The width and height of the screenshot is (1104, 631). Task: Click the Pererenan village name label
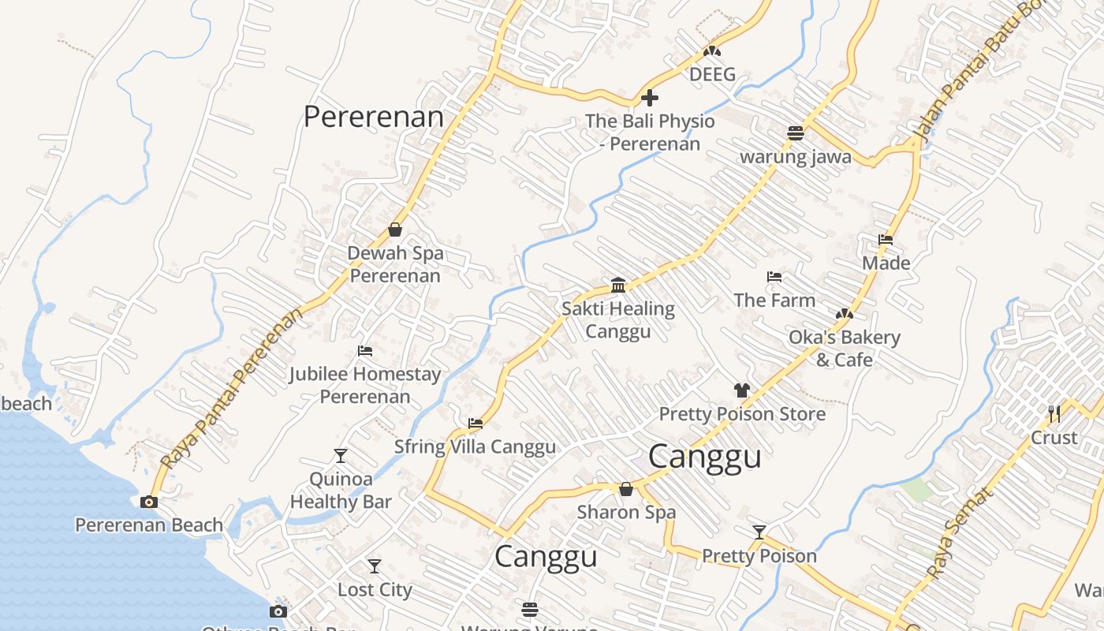pos(374,117)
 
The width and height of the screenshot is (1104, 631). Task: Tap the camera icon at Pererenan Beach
pos(148,502)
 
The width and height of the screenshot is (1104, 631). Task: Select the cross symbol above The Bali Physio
pos(650,98)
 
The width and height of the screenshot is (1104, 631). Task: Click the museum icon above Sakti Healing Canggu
pos(618,285)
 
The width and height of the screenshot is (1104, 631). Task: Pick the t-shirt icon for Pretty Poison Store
pos(742,390)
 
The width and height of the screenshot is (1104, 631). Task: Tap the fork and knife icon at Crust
pos(1054,413)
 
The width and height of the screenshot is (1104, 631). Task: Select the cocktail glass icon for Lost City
pos(375,566)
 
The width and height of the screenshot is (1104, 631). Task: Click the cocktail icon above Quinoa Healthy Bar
pos(341,455)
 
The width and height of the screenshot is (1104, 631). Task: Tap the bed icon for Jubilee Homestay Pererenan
pos(365,350)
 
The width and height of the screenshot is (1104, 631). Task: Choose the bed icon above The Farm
pos(774,277)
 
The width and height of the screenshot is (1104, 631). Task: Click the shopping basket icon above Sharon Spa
pos(626,489)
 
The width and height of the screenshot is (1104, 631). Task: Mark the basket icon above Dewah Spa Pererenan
pos(395,230)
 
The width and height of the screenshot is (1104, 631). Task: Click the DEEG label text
pos(712,75)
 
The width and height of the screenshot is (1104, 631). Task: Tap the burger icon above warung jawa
pos(795,133)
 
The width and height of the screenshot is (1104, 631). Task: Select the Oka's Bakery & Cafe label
pos(845,349)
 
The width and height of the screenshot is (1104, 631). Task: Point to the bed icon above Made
pos(886,240)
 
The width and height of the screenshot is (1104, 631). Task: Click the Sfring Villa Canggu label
pos(475,447)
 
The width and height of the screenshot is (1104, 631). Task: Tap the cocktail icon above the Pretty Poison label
pos(759,532)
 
